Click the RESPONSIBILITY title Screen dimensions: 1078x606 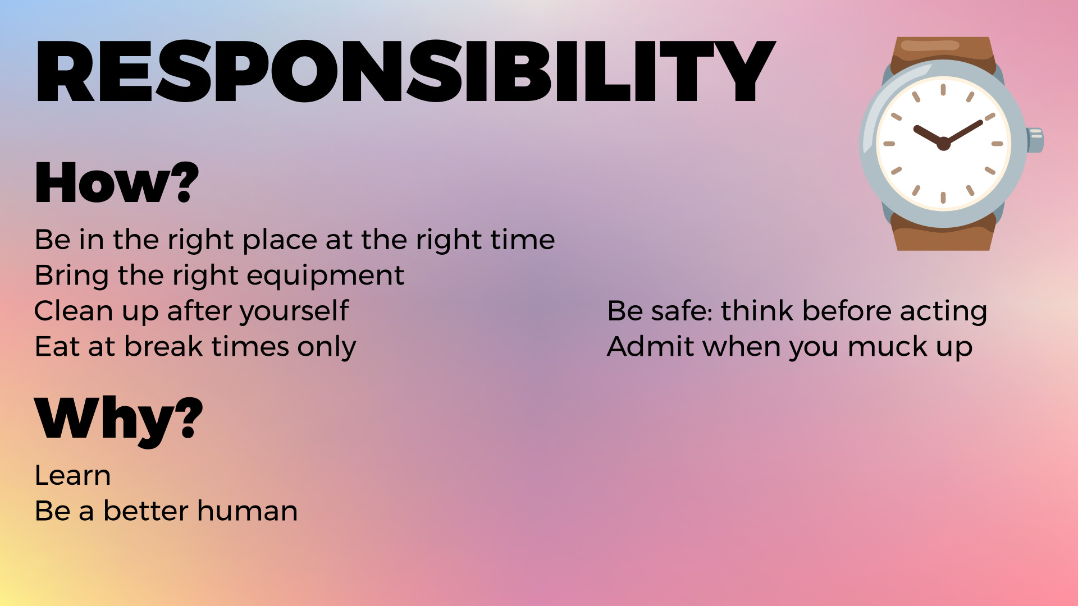[x=405, y=71]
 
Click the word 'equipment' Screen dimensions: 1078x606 [x=326, y=276]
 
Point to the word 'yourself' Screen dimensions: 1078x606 [x=295, y=311]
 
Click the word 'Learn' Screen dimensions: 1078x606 [x=72, y=475]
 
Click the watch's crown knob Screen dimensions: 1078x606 [x=1035, y=140]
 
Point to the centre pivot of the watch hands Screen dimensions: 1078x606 [x=944, y=144]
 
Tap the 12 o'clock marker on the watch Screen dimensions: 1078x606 [x=943, y=89]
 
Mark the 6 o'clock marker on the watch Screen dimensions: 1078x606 [x=943, y=198]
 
